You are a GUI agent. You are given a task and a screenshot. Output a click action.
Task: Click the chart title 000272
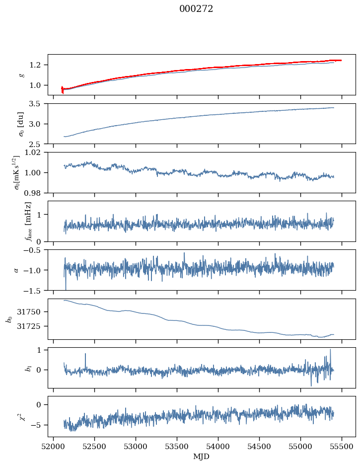click(x=196, y=9)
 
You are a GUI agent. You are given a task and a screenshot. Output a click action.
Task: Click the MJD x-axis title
click(x=202, y=457)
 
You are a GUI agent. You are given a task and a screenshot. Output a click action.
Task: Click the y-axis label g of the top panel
click(x=21, y=75)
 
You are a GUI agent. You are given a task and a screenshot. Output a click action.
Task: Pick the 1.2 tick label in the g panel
click(x=38, y=65)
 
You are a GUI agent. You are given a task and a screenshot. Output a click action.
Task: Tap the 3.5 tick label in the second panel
click(x=38, y=104)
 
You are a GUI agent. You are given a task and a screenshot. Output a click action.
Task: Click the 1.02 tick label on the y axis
click(x=36, y=153)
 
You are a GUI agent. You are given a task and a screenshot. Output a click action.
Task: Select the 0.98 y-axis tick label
click(x=36, y=193)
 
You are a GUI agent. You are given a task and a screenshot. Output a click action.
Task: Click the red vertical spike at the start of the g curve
click(x=63, y=89)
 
